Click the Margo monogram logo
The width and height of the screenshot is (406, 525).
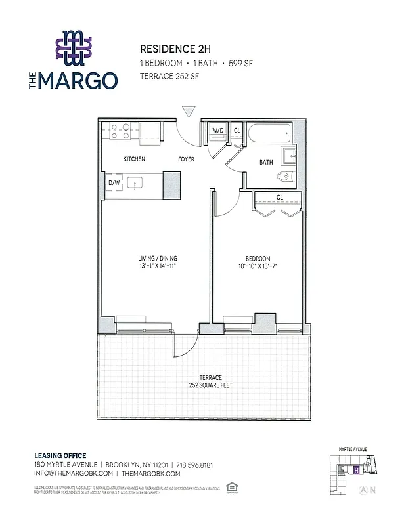click(74, 49)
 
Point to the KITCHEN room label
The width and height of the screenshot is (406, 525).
click(134, 159)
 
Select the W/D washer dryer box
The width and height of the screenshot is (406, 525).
click(217, 131)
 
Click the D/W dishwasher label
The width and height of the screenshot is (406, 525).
click(113, 183)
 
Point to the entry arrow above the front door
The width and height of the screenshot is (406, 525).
click(189, 112)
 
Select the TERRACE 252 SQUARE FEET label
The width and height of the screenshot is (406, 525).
click(211, 381)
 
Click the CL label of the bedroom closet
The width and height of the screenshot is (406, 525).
click(279, 197)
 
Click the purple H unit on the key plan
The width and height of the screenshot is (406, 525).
click(355, 470)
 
